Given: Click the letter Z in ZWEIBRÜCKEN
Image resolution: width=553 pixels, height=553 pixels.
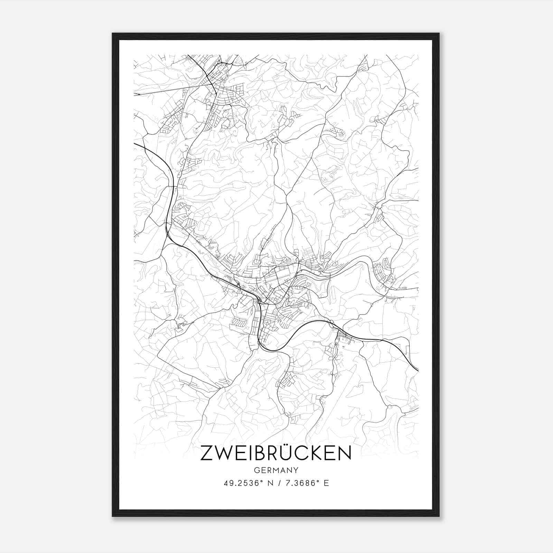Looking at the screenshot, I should pos(207,453).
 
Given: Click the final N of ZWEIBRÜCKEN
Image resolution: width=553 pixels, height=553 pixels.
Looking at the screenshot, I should pos(344,453).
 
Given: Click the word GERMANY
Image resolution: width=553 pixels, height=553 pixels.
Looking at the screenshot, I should pos(276,470).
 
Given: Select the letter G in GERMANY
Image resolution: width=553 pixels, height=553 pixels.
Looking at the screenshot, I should pos(256,470).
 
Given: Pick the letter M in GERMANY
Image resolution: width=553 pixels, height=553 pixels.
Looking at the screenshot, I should pos(276,470).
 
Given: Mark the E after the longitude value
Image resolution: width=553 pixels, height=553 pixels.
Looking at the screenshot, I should pos(326,483).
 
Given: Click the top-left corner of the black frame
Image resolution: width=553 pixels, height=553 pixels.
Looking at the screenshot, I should pos(113,34).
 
